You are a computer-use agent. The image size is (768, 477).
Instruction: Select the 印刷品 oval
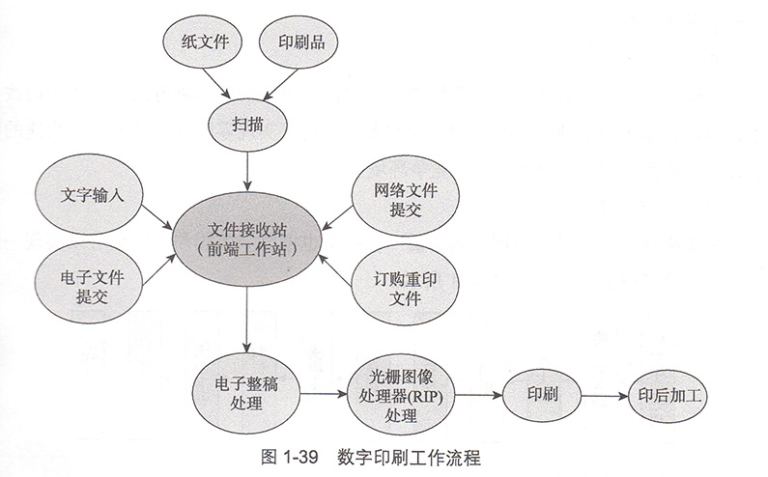(x=300, y=43)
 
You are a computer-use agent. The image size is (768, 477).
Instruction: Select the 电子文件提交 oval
(x=92, y=284)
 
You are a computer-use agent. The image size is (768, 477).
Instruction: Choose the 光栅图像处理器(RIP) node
(x=400, y=394)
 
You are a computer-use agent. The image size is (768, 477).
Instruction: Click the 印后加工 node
(x=668, y=396)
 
